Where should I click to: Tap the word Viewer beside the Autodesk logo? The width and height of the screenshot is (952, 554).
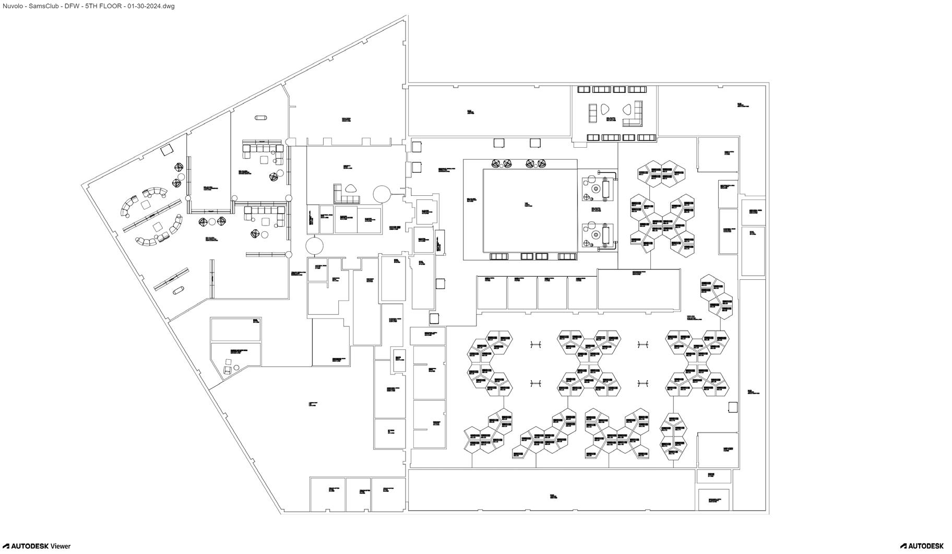(x=61, y=546)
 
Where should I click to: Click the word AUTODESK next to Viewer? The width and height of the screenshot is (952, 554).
(x=30, y=546)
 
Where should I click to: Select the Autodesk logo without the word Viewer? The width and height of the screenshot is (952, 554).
(x=922, y=546)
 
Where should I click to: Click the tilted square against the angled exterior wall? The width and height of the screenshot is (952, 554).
(x=167, y=150)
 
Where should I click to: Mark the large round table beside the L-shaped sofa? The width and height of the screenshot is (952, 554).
(x=382, y=194)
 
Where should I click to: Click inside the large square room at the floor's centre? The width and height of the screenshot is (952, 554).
(x=529, y=209)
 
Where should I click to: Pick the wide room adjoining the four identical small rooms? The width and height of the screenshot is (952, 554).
(x=639, y=289)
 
